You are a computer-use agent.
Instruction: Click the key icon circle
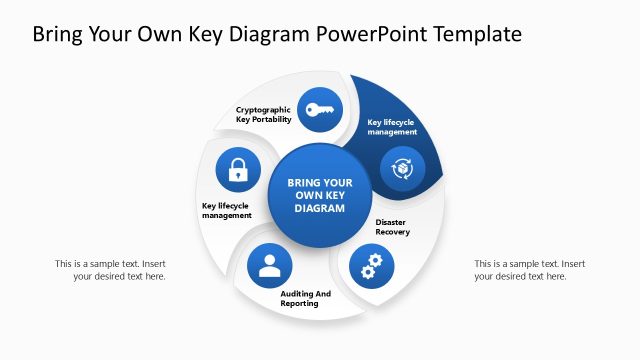coord(320,110)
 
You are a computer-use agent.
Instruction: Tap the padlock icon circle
coord(238,169)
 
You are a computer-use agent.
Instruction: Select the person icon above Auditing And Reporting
coord(269,265)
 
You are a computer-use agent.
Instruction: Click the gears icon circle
coord(371,266)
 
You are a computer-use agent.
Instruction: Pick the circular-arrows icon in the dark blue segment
coord(401,168)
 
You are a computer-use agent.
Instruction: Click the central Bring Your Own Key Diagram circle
coord(320,196)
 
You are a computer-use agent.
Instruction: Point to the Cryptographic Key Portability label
coord(264,114)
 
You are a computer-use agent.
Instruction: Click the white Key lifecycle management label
coord(391,127)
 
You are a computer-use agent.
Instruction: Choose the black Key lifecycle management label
coord(227,210)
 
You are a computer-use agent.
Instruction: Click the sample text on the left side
coord(110,270)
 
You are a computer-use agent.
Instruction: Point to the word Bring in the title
coord(59,34)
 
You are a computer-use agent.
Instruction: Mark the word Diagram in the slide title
coord(271,34)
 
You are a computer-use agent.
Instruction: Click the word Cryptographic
coord(264,109)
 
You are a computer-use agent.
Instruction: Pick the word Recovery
coord(393,232)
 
